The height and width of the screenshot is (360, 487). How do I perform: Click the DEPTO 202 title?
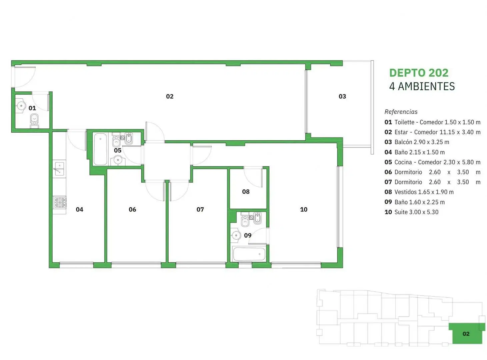418,73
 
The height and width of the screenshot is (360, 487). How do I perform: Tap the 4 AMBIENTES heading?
422,86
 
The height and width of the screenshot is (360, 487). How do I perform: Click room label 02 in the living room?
170,96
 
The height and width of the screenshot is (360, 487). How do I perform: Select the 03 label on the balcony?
342,96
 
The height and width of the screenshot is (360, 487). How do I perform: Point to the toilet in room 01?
34,121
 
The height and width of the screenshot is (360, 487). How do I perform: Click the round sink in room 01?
21,106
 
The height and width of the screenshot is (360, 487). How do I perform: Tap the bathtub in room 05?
100,149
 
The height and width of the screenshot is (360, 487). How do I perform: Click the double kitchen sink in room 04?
59,169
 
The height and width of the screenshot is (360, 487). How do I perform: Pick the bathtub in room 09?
249,254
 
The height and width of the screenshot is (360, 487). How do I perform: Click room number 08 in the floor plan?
246,192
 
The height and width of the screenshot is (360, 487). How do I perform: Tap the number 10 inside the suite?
304,209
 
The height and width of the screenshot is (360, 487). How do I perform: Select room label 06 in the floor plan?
132,209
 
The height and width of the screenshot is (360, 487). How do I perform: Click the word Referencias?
401,112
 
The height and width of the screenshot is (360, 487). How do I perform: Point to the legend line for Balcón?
417,142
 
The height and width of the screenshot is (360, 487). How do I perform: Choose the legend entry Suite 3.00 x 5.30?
411,212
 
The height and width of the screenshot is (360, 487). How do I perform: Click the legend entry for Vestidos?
419,192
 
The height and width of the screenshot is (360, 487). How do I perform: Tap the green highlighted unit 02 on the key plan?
466,334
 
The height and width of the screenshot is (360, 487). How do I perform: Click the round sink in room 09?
236,235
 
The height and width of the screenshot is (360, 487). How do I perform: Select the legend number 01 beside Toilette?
388,122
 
